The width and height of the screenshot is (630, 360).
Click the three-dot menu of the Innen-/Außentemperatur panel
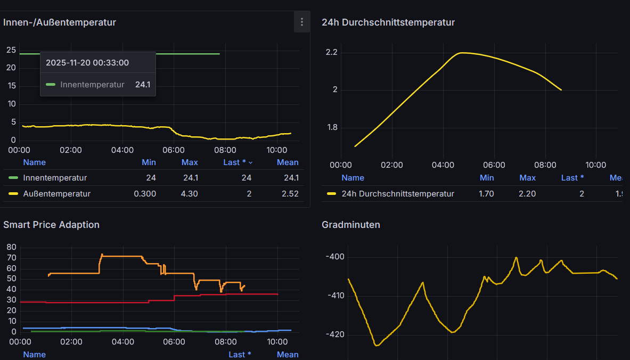[x=302, y=22]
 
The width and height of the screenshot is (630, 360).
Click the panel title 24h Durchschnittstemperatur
[x=388, y=22]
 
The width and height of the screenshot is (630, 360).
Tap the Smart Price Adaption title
[x=51, y=225]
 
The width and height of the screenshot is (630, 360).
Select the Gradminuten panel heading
[x=350, y=225]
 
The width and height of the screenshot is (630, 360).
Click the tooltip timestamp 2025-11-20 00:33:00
[x=87, y=63]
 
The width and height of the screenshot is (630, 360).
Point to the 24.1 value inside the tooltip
[x=142, y=85]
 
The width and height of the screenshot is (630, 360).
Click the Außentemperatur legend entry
[x=56, y=194]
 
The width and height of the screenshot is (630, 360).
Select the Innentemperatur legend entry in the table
[x=54, y=178]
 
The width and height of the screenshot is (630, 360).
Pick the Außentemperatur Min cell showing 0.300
[x=145, y=194]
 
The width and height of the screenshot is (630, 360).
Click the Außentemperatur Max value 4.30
[x=189, y=194]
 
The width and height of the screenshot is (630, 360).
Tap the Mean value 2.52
[x=290, y=194]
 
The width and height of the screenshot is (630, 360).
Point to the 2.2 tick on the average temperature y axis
[x=331, y=52]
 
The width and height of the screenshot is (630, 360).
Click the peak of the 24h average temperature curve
[x=461, y=53]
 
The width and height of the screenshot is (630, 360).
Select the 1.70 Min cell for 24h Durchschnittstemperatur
[x=486, y=194]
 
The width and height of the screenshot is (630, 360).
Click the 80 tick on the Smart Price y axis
[x=11, y=247]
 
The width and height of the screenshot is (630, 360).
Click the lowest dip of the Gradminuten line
[x=377, y=346]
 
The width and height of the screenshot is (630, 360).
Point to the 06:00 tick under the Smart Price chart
[x=174, y=341]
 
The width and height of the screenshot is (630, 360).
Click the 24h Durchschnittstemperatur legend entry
[x=397, y=194]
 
